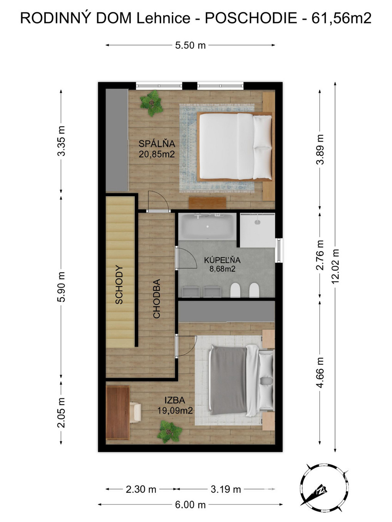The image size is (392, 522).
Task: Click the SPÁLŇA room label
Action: [x=157, y=149]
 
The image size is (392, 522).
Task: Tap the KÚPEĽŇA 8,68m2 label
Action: [x=222, y=264]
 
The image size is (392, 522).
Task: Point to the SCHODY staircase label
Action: [x=119, y=285]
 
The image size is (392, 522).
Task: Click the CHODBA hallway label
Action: [x=157, y=299]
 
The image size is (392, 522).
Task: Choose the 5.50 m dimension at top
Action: [x=190, y=45]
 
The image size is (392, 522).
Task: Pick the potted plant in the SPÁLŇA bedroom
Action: [x=152, y=103]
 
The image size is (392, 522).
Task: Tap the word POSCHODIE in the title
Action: [x=251, y=18]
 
